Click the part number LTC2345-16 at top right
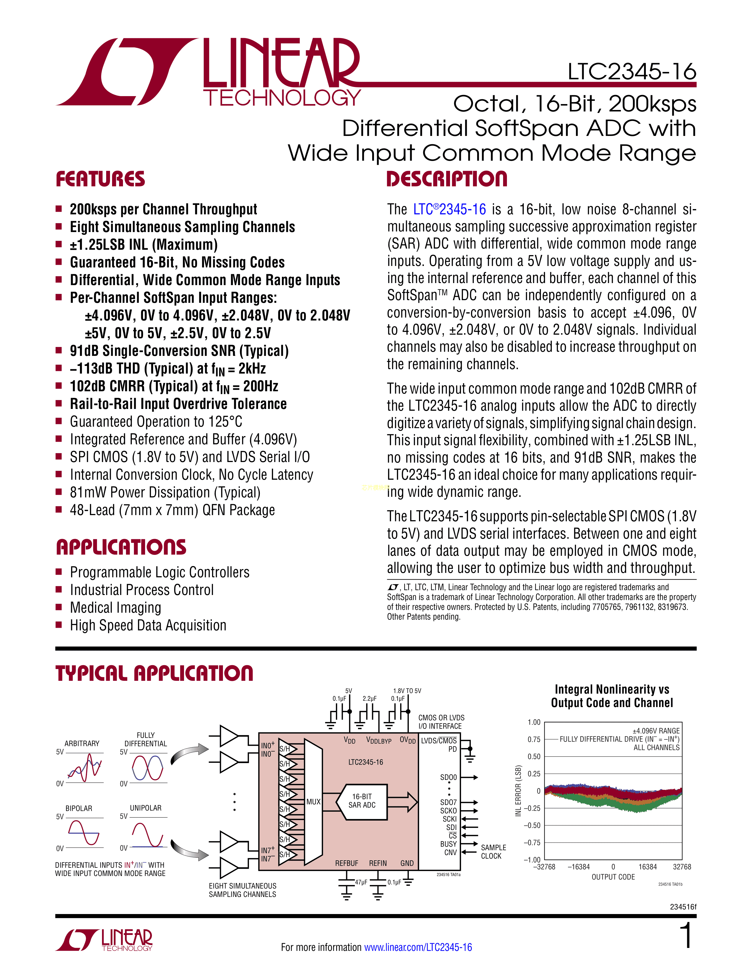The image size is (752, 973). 631,72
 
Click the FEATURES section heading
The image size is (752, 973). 100,179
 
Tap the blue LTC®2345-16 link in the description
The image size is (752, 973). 449,209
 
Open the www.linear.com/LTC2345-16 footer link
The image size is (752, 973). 418,947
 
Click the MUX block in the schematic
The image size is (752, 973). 313,801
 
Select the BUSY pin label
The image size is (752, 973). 448,844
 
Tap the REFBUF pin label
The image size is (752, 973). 347,863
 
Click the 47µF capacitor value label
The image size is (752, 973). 361,882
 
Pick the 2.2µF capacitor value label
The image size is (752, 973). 369,698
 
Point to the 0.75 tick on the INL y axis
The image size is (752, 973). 534,739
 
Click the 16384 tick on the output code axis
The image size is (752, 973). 647,867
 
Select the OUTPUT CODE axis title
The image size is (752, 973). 613,877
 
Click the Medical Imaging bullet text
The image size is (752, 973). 115,608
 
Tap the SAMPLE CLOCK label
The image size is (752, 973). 493,852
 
